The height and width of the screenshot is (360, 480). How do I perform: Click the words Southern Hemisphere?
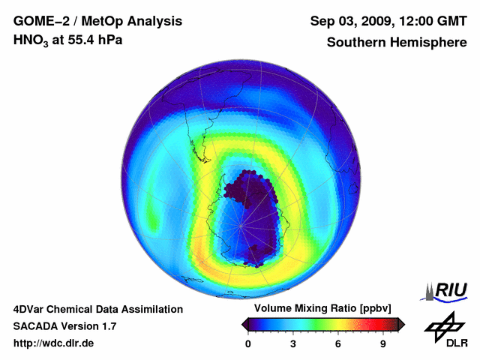tap(396, 43)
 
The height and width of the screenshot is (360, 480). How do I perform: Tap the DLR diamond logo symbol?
tap(443, 324)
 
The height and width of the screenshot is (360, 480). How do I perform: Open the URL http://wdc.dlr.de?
tap(53, 343)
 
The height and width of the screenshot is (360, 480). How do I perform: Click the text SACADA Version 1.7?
tap(64, 326)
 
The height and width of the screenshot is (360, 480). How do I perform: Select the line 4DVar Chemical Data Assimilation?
tap(97, 309)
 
